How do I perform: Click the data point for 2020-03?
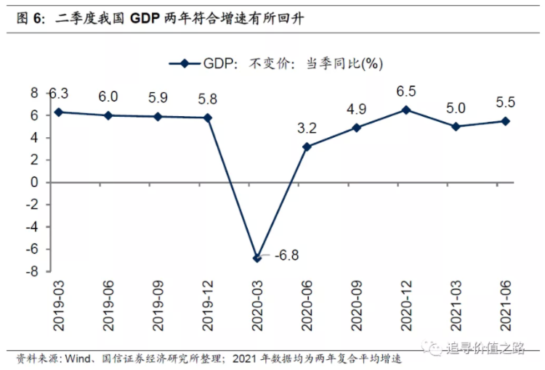[x=257, y=258]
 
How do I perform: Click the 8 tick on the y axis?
[x=33, y=93]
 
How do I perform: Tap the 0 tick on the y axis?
[x=33, y=182]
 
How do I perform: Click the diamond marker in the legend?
[x=185, y=64]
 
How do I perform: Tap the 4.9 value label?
[x=357, y=110]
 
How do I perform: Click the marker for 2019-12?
[x=208, y=118]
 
